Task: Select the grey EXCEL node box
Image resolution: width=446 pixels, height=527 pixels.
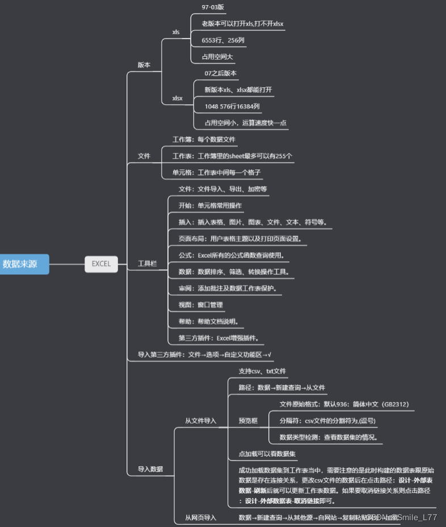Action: [101, 263]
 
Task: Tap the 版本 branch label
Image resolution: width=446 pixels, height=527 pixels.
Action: [144, 65]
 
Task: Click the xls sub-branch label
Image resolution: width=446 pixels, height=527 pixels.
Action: [176, 32]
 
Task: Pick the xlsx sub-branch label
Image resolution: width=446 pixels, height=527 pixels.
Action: [178, 98]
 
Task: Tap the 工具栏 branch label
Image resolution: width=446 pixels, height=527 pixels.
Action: [147, 264]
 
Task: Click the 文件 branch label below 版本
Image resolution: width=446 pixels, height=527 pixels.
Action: [144, 156]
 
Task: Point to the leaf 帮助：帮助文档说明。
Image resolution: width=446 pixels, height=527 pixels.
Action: [208, 321]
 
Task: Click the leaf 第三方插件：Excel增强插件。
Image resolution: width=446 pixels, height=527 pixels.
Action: [219, 338]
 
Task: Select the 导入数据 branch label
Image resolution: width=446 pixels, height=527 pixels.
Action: [150, 469]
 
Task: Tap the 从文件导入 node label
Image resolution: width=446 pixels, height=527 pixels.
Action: [200, 421]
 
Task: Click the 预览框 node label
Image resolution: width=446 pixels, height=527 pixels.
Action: [248, 421]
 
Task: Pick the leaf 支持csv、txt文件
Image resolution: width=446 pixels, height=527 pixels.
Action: [262, 372]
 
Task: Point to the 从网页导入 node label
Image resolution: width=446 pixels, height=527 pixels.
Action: [200, 517]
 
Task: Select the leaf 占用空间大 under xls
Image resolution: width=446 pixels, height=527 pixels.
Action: [217, 57]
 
